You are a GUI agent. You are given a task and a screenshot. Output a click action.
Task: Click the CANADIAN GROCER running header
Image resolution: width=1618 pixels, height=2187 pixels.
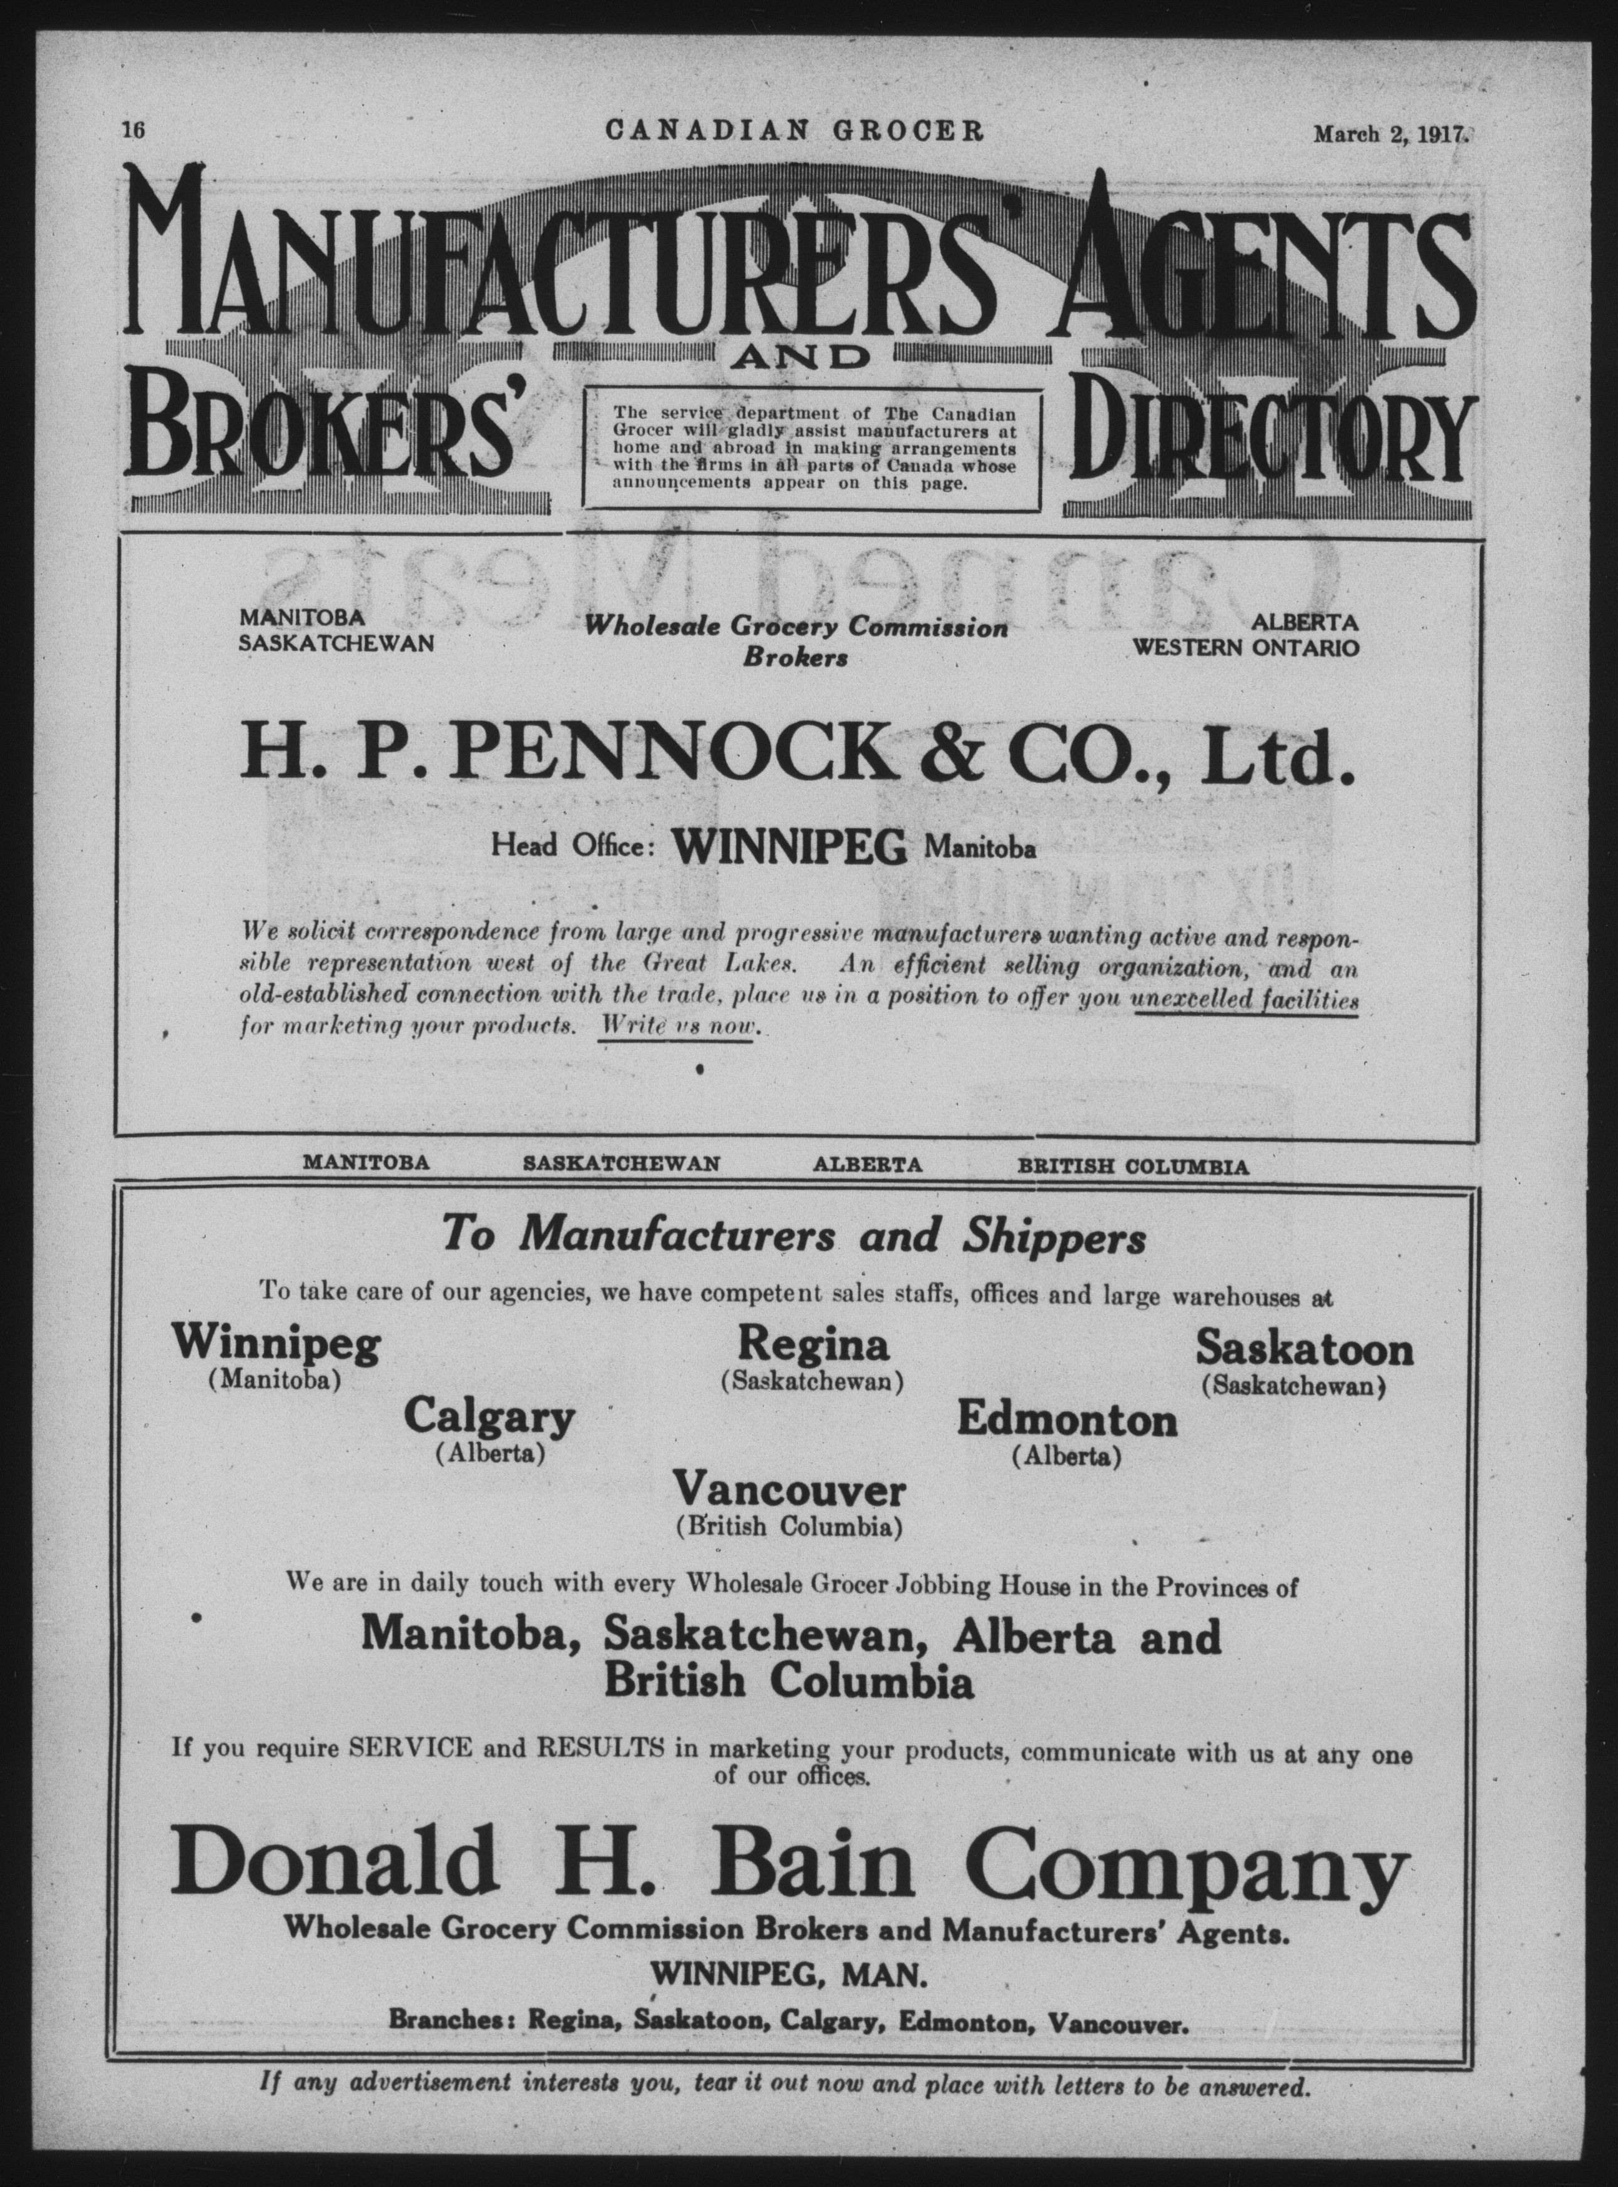pyautogui.click(x=794, y=130)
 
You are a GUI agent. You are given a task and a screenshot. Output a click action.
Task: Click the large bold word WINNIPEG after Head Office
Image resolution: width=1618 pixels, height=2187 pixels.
pyautogui.click(x=790, y=847)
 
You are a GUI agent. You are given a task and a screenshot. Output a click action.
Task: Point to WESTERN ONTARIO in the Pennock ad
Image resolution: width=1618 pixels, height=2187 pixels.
pyautogui.click(x=1246, y=647)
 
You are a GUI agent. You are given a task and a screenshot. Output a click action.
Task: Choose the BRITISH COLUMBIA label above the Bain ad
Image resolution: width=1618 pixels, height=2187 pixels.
pyautogui.click(x=1132, y=1167)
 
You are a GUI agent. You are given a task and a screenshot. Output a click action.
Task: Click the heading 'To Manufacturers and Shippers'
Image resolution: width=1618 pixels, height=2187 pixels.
pyautogui.click(x=794, y=1236)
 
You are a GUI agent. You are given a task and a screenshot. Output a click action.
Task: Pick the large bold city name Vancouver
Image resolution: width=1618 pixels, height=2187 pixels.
pyautogui.click(x=790, y=1492)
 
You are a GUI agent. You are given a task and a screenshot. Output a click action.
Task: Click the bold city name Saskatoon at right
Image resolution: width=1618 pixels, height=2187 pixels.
pyautogui.click(x=1303, y=1349)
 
